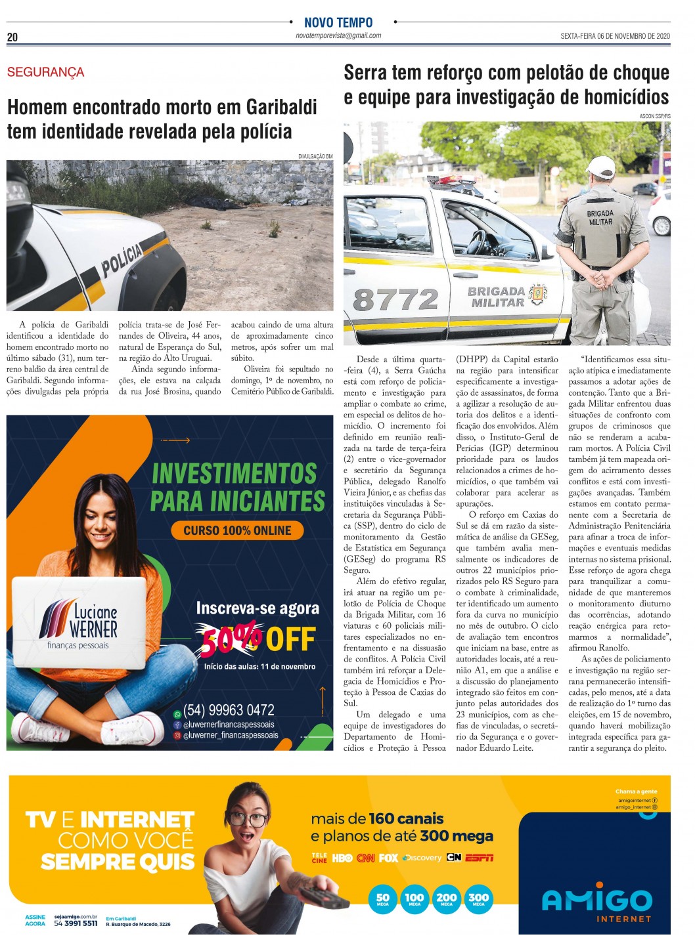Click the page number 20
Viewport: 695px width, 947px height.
click(x=12, y=37)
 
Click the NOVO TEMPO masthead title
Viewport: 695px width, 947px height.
click(x=338, y=22)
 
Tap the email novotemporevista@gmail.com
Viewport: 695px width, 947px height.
click(x=338, y=36)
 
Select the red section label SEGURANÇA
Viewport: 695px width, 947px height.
click(x=45, y=72)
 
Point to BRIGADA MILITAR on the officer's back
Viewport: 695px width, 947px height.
click(x=600, y=218)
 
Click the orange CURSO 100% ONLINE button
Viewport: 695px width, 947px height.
click(x=237, y=530)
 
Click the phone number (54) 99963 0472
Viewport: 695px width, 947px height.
click(x=229, y=710)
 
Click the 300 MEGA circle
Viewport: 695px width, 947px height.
click(x=478, y=899)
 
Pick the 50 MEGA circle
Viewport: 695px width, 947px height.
click(x=382, y=899)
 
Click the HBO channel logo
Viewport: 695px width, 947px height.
click(x=342, y=858)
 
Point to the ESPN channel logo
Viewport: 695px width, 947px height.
click(x=479, y=858)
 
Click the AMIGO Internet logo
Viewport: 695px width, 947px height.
click(x=596, y=902)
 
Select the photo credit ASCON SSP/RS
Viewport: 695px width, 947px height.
click(x=654, y=116)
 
